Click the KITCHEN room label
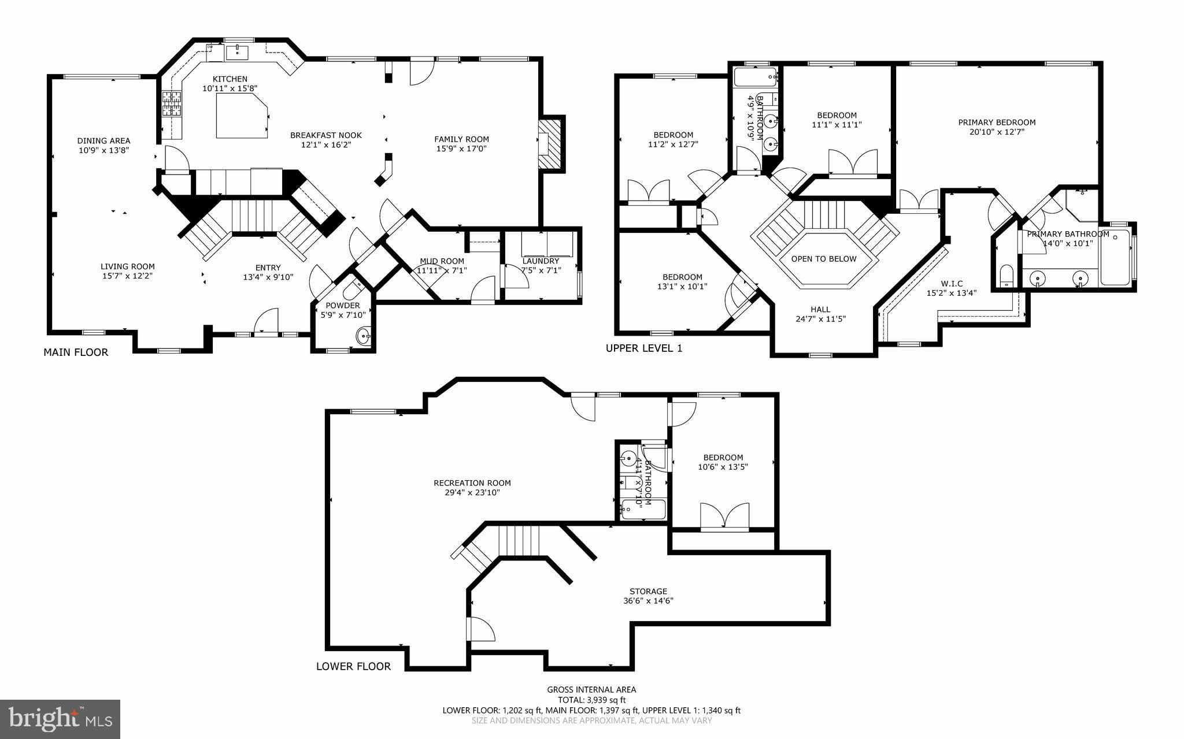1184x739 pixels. click(x=230, y=79)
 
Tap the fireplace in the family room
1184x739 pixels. click(x=551, y=144)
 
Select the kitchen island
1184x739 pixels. click(x=242, y=116)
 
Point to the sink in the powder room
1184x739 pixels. click(x=364, y=335)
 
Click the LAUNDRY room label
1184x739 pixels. click(x=540, y=261)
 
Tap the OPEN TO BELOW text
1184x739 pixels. click(x=823, y=259)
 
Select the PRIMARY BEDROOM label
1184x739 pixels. click(x=997, y=122)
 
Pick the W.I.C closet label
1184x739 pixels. click(x=952, y=284)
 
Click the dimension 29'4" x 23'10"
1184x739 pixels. click(x=472, y=493)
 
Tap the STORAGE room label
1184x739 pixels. click(x=648, y=591)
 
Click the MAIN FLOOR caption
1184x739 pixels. click(x=76, y=352)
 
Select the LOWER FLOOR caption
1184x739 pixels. click(x=353, y=666)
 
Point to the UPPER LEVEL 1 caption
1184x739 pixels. click(x=644, y=348)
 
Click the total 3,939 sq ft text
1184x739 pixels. click(x=591, y=700)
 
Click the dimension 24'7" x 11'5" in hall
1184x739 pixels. click(x=820, y=318)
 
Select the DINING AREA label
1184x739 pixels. click(x=104, y=140)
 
